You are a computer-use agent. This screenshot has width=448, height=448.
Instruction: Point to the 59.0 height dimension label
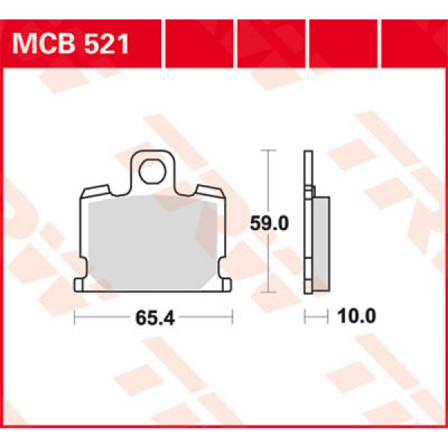(268, 222)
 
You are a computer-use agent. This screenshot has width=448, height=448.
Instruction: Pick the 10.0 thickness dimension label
(357, 317)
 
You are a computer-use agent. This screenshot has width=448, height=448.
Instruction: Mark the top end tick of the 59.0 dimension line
(268, 151)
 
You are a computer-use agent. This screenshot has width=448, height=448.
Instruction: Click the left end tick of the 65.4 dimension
(76, 318)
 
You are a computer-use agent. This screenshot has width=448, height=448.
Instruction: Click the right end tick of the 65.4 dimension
(234, 318)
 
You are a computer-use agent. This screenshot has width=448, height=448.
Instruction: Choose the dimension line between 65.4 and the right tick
(205, 318)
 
